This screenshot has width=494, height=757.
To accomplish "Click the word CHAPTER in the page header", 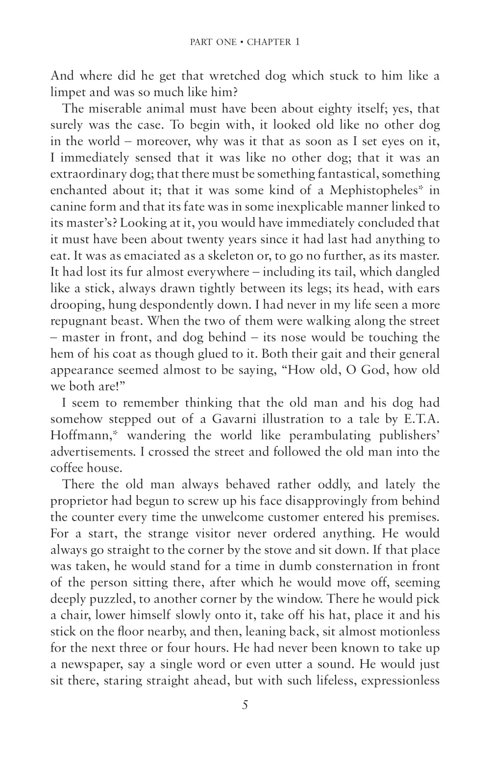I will click(269, 42).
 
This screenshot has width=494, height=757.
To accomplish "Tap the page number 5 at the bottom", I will click(245, 705).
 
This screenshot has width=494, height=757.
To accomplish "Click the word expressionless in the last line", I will click(400, 681).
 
